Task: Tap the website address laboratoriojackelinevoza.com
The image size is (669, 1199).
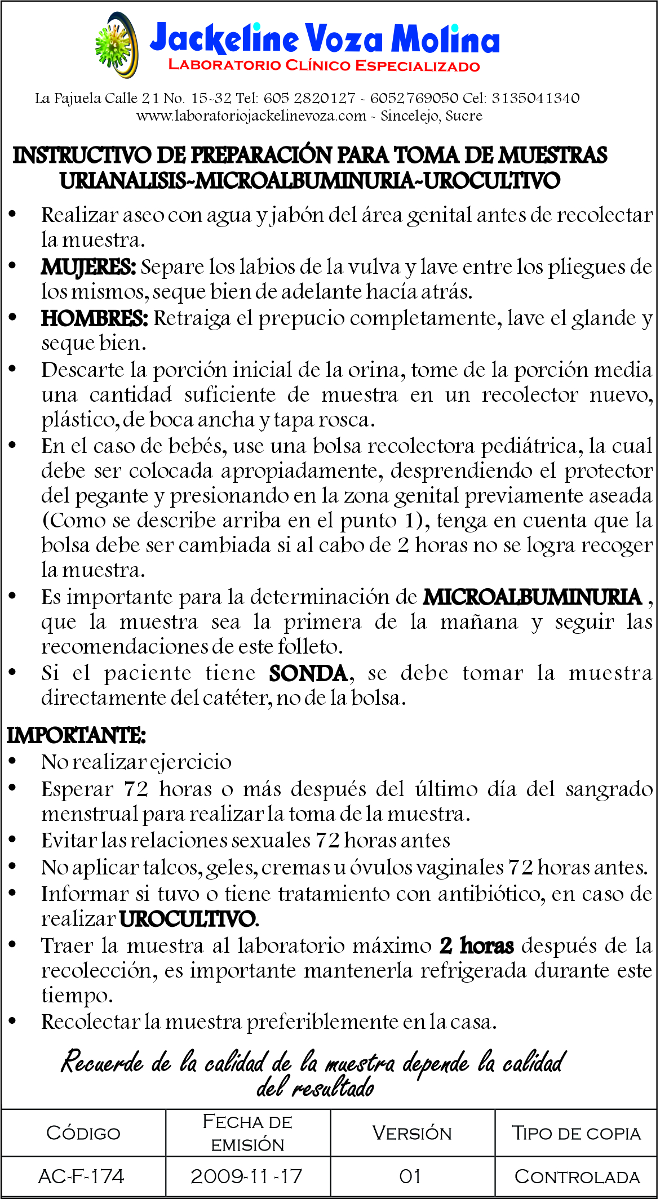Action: click(251, 116)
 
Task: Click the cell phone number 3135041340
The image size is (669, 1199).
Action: click(535, 98)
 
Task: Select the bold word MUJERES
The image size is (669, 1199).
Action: click(88, 267)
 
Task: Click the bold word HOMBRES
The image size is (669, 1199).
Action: click(94, 319)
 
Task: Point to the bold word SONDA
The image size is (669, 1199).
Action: click(308, 674)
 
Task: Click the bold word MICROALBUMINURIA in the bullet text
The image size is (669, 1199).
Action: click(533, 597)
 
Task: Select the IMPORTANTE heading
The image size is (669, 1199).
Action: click(76, 736)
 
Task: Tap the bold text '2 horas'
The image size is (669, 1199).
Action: click(477, 946)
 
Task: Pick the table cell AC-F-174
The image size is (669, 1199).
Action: click(82, 1176)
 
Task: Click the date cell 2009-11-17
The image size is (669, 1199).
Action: click(247, 1176)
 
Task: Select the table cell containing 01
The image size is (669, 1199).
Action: click(410, 1176)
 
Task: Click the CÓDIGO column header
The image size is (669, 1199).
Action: click(83, 1133)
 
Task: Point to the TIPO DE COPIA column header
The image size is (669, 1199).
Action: click(577, 1133)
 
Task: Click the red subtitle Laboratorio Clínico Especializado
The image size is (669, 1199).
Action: click(324, 65)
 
